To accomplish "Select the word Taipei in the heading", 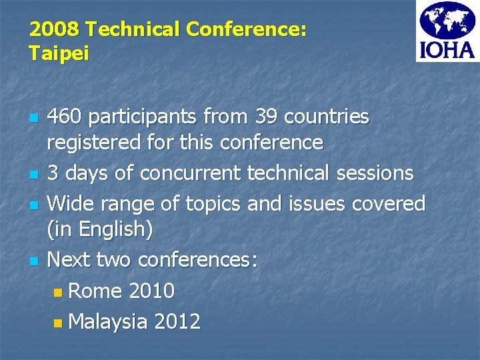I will click(x=59, y=53).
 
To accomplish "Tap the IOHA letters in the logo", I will click(x=447, y=50).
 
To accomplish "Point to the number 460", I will click(x=65, y=117).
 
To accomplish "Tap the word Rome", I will click(x=95, y=291).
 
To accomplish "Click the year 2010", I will click(x=151, y=291).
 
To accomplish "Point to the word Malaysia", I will click(x=108, y=321).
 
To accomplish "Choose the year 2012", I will click(x=177, y=321).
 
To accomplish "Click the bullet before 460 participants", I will click(x=35, y=119).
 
